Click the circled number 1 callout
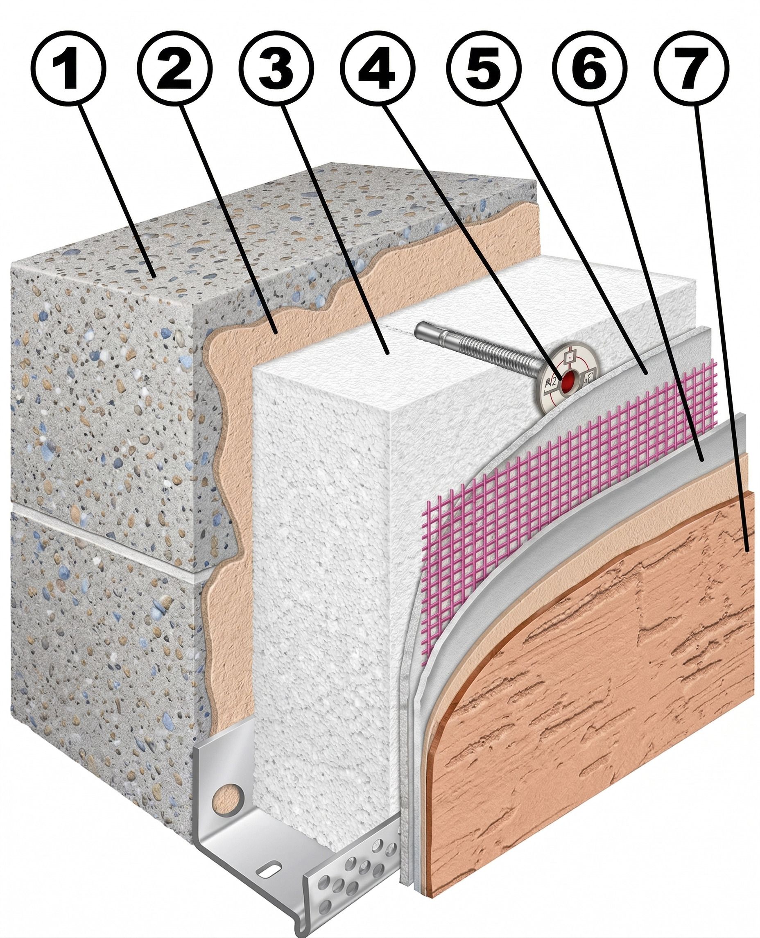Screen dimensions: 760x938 pyautogui.click(x=68, y=68)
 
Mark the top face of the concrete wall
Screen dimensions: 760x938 pyautogui.click(x=271, y=228)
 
